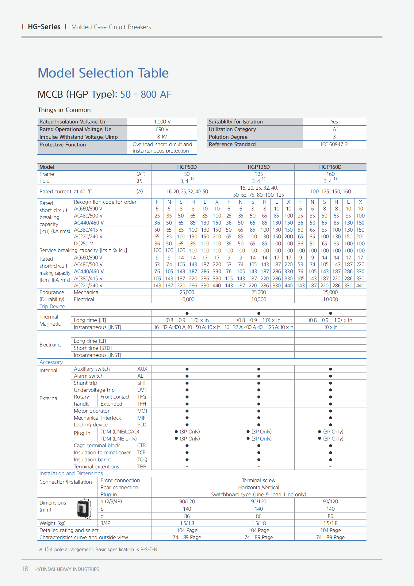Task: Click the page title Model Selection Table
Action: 103,73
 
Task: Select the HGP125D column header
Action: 259,167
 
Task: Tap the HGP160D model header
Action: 330,167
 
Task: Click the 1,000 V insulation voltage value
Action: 162,122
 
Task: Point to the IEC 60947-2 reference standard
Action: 334,144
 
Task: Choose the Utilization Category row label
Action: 232,129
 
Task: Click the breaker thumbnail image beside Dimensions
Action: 83,508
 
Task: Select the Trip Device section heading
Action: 52,306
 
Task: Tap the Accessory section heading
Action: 51,362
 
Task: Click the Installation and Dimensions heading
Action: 71,473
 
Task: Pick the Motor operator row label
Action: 92,411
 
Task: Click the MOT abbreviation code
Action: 142,411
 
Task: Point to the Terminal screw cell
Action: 259,480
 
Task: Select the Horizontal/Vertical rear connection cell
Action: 259,487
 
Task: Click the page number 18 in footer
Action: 25,569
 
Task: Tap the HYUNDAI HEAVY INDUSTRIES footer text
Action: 67,569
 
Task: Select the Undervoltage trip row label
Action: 94,390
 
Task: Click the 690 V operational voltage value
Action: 162,129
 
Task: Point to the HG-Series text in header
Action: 44,27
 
